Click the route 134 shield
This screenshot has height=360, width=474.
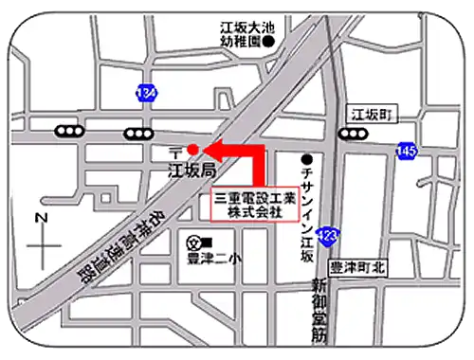pos(145,93)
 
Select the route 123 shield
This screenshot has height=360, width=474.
pos(328,234)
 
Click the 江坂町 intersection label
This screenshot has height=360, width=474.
pos(370,114)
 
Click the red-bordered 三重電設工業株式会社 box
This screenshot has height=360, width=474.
pos(254,207)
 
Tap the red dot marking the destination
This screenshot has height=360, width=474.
pos(192,149)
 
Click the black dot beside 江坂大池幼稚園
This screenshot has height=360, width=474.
pos(269,42)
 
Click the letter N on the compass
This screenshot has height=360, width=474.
pos(41,218)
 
